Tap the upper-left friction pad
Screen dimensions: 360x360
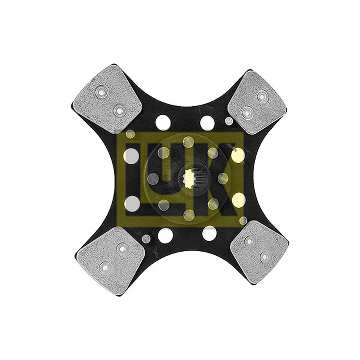tap(107, 99)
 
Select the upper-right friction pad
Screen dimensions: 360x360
tap(258, 103)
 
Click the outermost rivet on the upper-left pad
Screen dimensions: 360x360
tap(101, 92)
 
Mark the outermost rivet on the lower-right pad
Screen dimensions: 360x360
tap(265, 256)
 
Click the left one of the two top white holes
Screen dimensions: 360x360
tap(163, 122)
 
